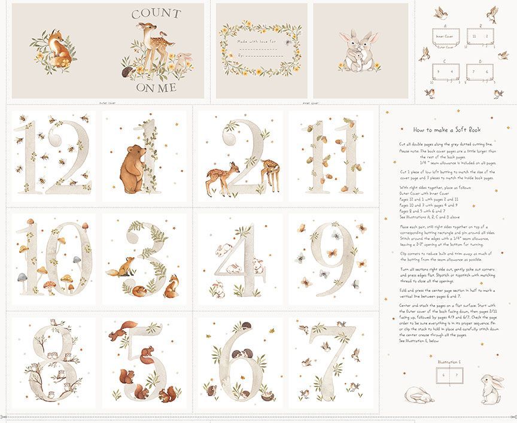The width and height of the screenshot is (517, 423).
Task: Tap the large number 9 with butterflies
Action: [x=333, y=258]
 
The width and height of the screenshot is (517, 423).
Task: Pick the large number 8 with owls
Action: [x=51, y=362]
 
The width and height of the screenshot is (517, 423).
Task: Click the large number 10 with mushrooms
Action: [x=51, y=258]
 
